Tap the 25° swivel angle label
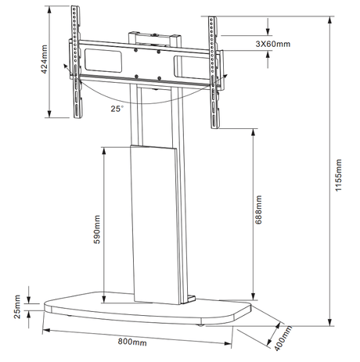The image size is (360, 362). (x=117, y=110)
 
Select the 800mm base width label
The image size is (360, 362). (x=133, y=342)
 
